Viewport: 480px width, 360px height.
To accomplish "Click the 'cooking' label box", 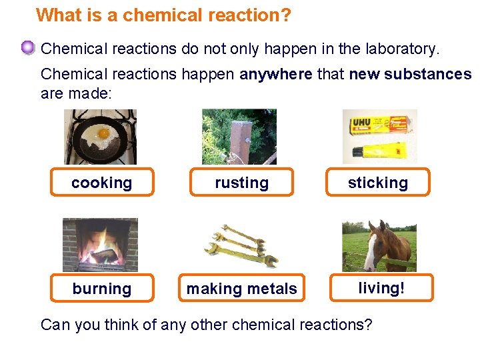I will pyautogui.click(x=102, y=182).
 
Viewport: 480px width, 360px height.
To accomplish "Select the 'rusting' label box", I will pyautogui.click(x=241, y=182).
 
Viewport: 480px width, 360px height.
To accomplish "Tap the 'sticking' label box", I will pyautogui.click(x=377, y=182).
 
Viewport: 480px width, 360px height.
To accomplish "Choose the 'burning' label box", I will pyautogui.click(x=102, y=288).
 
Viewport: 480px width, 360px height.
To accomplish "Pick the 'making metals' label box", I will pyautogui.click(x=241, y=288).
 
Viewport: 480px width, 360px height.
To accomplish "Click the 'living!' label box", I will pyautogui.click(x=381, y=287).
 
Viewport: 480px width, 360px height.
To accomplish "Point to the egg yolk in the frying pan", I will pyautogui.click(x=103, y=133).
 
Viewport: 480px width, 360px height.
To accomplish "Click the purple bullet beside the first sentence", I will pyautogui.click(x=27, y=48).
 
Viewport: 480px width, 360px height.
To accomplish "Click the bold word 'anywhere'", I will pyautogui.click(x=275, y=74).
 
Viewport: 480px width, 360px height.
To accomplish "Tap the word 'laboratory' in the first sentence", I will pyautogui.click(x=400, y=49).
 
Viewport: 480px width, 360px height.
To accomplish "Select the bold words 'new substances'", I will pyautogui.click(x=410, y=74).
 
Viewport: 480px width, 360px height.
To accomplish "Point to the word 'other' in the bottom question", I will pyautogui.click(x=210, y=325).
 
